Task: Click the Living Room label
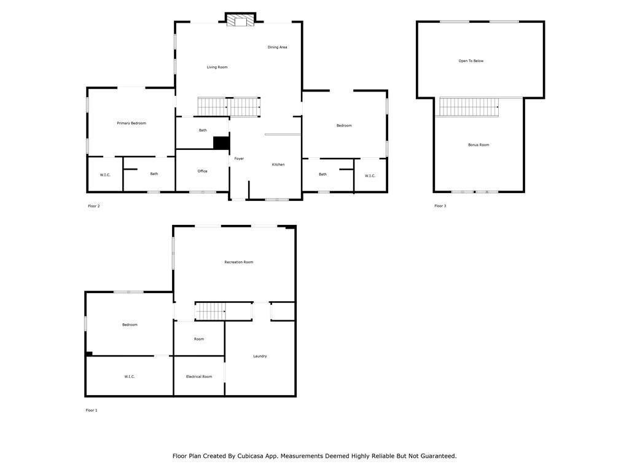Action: (217, 67)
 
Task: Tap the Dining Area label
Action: (277, 47)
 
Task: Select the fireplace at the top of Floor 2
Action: (240, 19)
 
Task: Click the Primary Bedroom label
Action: (131, 123)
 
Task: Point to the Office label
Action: (203, 171)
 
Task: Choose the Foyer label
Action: (239, 159)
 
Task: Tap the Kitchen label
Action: (278, 165)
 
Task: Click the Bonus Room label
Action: (479, 145)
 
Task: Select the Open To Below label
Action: (471, 61)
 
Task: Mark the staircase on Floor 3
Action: (469, 107)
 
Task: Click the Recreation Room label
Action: (239, 262)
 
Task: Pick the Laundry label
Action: (260, 356)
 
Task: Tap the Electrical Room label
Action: (199, 377)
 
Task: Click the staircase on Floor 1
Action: (211, 312)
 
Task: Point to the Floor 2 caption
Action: (94, 206)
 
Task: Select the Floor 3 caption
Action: (440, 206)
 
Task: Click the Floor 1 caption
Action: (92, 410)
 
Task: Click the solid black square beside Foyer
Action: (221, 143)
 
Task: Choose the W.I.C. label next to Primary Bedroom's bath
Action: (105, 175)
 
